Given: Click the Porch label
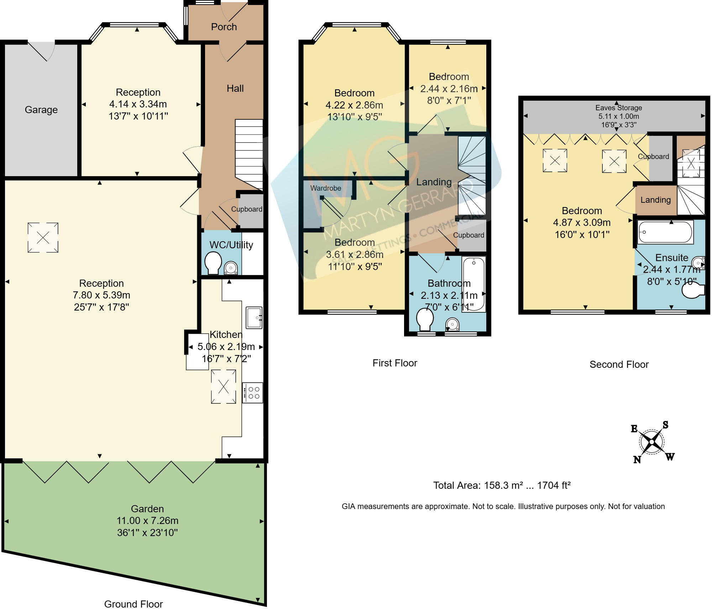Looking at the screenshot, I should [224, 27].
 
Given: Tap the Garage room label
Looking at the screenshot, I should [41, 110].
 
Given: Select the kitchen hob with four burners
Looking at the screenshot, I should [253, 392].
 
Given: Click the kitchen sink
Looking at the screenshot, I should [254, 317].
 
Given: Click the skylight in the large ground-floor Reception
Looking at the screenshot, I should [43, 238].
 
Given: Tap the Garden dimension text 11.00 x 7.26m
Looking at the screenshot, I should [147, 520].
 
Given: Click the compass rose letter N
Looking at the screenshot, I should [637, 460].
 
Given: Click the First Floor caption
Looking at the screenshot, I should [394, 363].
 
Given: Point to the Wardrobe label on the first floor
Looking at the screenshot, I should [325, 188].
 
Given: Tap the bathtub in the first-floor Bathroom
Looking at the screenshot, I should [473, 285].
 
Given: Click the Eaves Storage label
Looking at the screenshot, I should [619, 108].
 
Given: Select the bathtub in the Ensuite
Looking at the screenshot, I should [665, 232].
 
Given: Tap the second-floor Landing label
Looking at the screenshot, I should [655, 200].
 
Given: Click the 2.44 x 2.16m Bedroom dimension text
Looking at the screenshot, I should [449, 89].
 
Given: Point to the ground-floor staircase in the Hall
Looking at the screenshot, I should [249, 153].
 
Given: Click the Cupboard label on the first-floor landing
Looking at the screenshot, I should [468, 235].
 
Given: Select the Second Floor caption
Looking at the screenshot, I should [619, 364].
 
